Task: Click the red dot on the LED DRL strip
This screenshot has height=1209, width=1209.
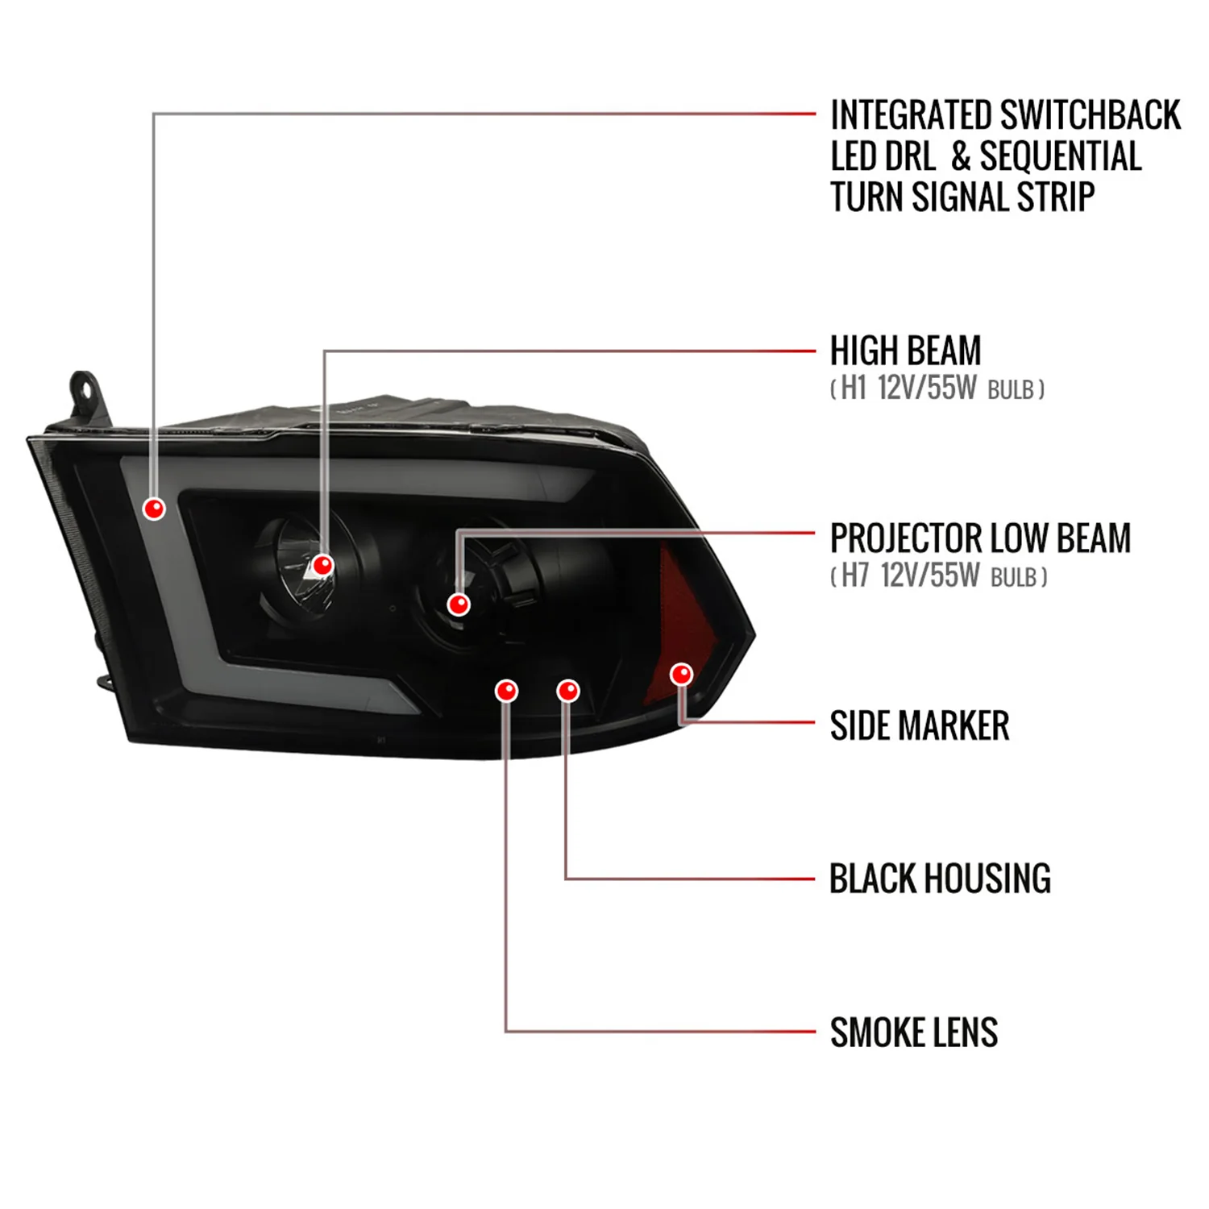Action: pyautogui.click(x=154, y=509)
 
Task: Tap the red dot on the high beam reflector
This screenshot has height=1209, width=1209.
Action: pyautogui.click(x=323, y=565)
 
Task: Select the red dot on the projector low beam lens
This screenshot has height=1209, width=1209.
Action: pyautogui.click(x=459, y=604)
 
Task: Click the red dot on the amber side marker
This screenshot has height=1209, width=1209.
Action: pyautogui.click(x=682, y=674)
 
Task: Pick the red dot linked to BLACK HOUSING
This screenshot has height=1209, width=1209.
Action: pyautogui.click(x=568, y=691)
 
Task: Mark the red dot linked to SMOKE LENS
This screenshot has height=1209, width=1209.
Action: pyautogui.click(x=506, y=691)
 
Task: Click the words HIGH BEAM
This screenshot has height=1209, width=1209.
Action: pyautogui.click(x=906, y=351)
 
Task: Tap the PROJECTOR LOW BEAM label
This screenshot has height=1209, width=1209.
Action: pyautogui.click(x=981, y=538)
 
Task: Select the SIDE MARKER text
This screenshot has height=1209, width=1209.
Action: pyautogui.click(x=920, y=725)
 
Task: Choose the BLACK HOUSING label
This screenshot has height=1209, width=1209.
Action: pyautogui.click(x=941, y=879)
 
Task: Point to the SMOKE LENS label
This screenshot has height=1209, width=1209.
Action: pyautogui.click(x=914, y=1032)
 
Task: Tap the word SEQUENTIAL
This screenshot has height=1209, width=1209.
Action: pyautogui.click(x=1061, y=156)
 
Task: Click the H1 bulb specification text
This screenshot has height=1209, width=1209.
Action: pyautogui.click(x=937, y=388)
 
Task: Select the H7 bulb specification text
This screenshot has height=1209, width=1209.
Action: pyautogui.click(x=939, y=576)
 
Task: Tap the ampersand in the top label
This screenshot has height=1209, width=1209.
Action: pyautogui.click(x=960, y=157)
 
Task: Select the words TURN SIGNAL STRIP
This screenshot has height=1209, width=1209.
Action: pyautogui.click(x=962, y=197)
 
